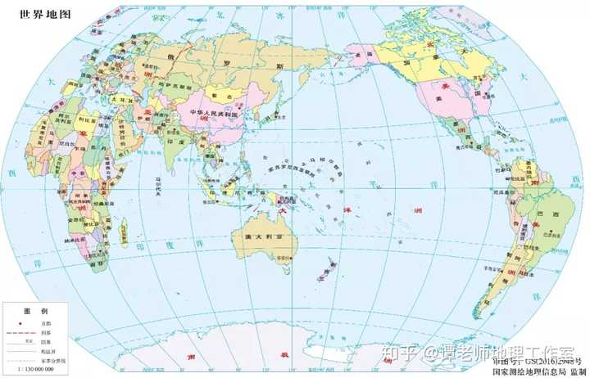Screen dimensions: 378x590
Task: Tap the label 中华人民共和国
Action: click(x=219, y=113)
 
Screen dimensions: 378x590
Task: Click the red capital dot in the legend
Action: click(x=16, y=324)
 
